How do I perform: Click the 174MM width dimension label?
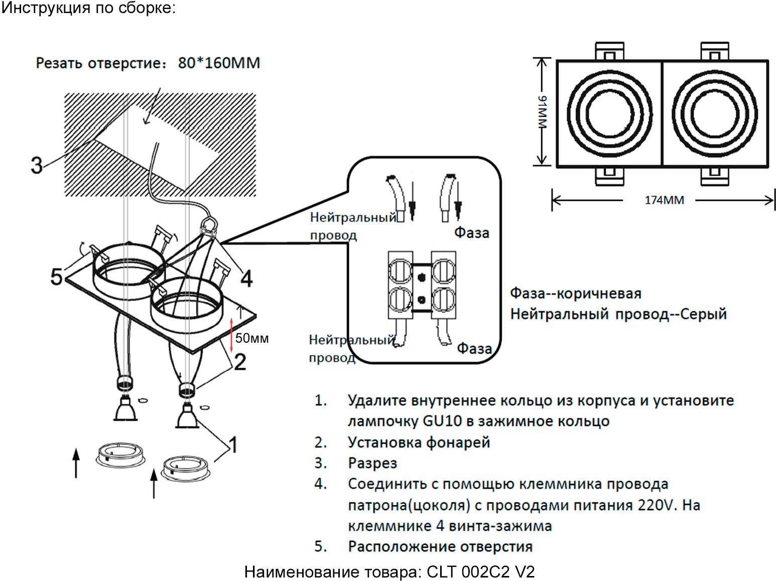pyautogui.click(x=664, y=200)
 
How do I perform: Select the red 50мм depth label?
pyautogui.click(x=252, y=338)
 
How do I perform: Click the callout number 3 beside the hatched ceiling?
pyautogui.click(x=37, y=165)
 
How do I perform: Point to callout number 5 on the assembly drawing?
pyautogui.click(x=56, y=276)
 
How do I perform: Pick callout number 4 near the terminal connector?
pyautogui.click(x=246, y=278)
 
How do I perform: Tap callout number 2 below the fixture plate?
pyautogui.click(x=240, y=362)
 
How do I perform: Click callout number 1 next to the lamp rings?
pyautogui.click(x=232, y=445)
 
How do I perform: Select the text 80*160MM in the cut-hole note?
pyautogui.click(x=219, y=63)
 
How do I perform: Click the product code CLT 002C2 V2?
pyautogui.click(x=480, y=571)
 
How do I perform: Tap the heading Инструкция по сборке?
pyautogui.click(x=88, y=8)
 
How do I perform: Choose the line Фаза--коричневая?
pyautogui.click(x=576, y=294)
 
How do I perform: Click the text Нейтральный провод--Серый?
pyautogui.click(x=618, y=314)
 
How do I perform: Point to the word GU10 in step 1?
pyautogui.click(x=442, y=421)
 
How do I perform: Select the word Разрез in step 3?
pyautogui.click(x=372, y=463)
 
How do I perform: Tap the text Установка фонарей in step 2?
pyautogui.click(x=419, y=443)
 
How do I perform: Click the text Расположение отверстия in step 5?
pyautogui.click(x=440, y=546)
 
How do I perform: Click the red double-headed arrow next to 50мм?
pyautogui.click(x=231, y=334)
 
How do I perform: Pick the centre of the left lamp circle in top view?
pyautogui.click(x=610, y=113)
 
